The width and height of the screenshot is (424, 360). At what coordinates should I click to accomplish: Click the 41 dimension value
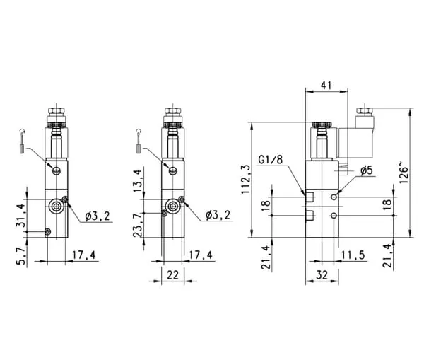(x=326, y=86)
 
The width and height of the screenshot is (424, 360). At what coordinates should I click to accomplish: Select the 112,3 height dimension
(x=245, y=180)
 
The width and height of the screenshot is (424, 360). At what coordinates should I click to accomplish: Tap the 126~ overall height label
(x=404, y=173)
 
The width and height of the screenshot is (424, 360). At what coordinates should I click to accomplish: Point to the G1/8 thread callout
(x=271, y=160)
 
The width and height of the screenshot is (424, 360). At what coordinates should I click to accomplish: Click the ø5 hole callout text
(x=367, y=170)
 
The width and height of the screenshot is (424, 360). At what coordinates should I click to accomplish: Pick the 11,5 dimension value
(x=353, y=255)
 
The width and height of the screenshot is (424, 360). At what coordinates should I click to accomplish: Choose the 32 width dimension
(x=322, y=275)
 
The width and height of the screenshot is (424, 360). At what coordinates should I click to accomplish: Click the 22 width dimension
(x=173, y=275)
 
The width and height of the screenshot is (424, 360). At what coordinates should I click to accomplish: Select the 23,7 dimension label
(x=137, y=225)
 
